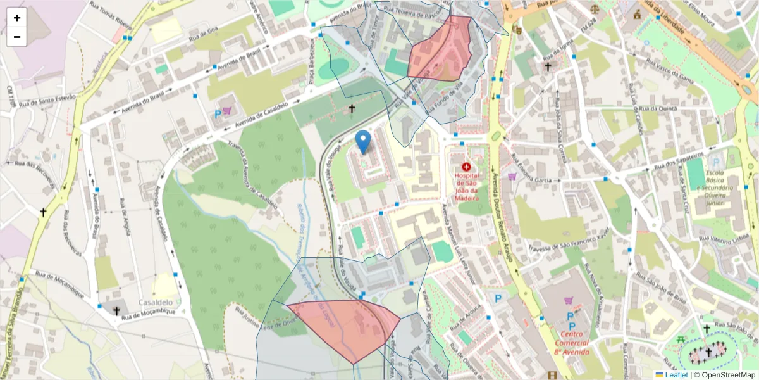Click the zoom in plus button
pyautogui.click(x=17, y=18)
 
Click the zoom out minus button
pyautogui.click(x=17, y=37)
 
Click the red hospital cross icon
pyautogui.click(x=467, y=166)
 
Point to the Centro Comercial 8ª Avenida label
pyautogui.click(x=571, y=343)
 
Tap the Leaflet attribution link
pyautogui.click(x=676, y=374)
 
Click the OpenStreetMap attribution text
pyautogui.click(x=728, y=374)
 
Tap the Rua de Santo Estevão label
pyautogui.click(x=47, y=100)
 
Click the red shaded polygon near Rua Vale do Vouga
pyautogui.click(x=441, y=51)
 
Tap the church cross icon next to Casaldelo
pyautogui.click(x=116, y=310)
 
